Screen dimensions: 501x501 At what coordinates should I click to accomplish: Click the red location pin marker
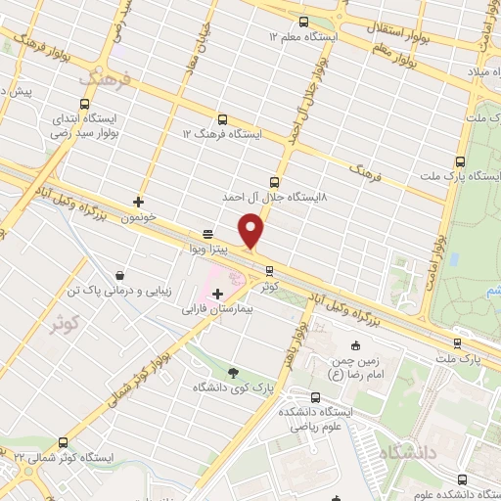252,230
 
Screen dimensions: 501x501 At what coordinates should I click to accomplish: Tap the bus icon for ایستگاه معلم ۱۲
302,22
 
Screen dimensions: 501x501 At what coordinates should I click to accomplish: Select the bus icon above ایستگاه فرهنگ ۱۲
222,118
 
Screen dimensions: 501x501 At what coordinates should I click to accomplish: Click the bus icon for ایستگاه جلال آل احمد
273,181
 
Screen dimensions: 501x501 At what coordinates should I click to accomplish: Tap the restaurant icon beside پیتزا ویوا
207,235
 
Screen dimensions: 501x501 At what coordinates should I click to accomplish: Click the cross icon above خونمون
138,202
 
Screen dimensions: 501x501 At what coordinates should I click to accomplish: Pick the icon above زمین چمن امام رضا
354,344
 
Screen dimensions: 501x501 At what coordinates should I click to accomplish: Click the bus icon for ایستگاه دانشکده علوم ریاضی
315,396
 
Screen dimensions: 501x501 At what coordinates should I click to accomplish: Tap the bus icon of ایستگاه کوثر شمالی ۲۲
64,442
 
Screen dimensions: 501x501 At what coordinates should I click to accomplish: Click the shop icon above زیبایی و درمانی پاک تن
119,275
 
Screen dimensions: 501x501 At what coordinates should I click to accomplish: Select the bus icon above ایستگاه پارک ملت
460,162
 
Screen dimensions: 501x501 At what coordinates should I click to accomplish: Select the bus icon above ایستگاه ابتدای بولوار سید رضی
85,103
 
